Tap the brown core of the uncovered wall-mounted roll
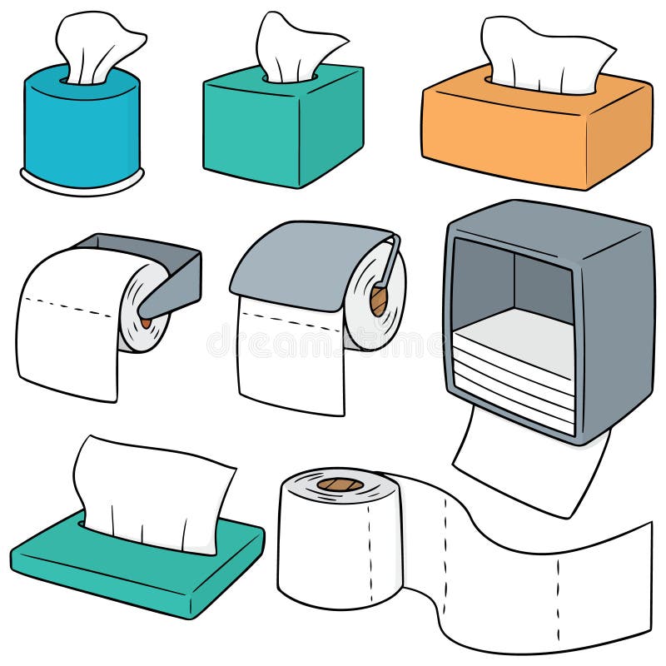(147, 320)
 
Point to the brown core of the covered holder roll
(379, 300)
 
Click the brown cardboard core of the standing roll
(340, 484)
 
